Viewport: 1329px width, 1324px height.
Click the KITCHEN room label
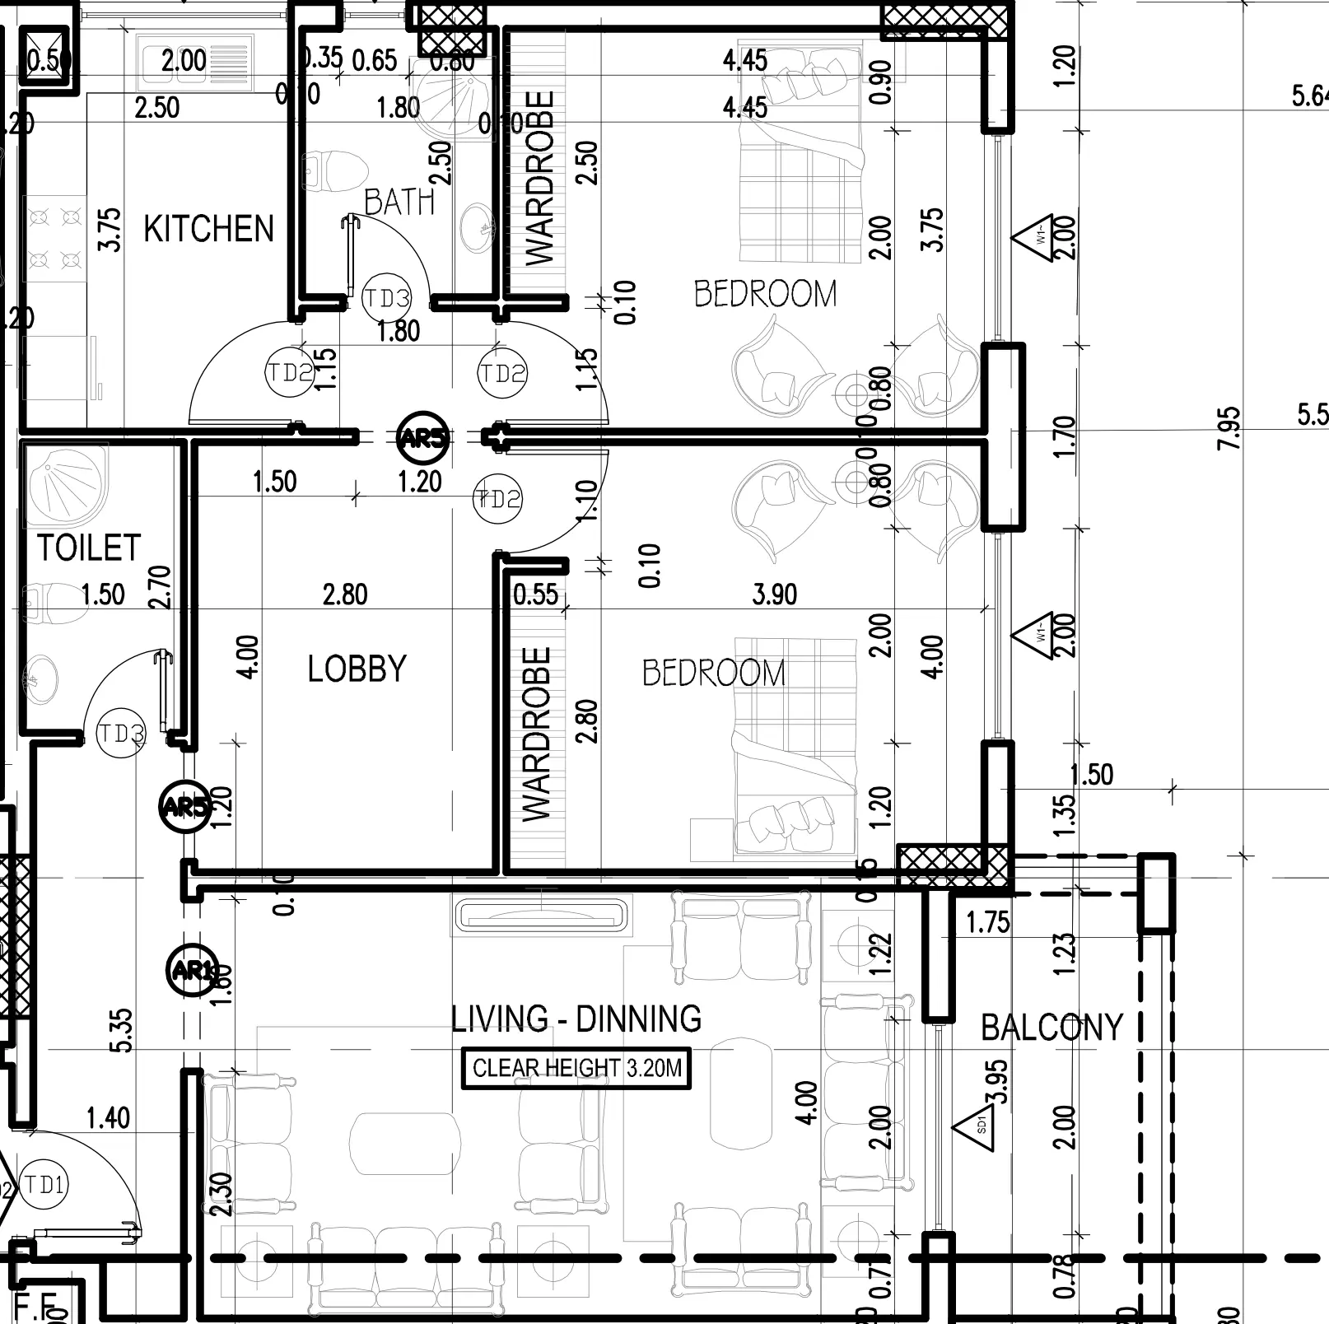click(x=208, y=229)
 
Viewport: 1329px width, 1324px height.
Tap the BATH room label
click(x=399, y=202)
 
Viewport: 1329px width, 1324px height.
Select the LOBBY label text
click(x=357, y=669)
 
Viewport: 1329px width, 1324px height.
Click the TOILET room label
click(x=89, y=548)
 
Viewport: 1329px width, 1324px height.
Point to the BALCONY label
click(x=1052, y=1028)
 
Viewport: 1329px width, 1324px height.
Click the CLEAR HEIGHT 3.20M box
click(x=576, y=1069)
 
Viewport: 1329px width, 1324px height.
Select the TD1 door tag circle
click(x=44, y=1186)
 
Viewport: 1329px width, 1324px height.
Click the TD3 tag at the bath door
click(x=386, y=298)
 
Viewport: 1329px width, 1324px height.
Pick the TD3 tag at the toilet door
click(x=121, y=733)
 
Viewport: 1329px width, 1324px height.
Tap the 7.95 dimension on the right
click(x=1228, y=428)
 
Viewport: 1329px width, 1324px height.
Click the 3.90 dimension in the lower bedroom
click(x=774, y=594)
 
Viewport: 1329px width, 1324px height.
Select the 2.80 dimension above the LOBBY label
click(x=345, y=594)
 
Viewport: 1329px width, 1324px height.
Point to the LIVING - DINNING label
click(x=576, y=1019)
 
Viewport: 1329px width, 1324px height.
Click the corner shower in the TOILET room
click(x=66, y=486)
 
